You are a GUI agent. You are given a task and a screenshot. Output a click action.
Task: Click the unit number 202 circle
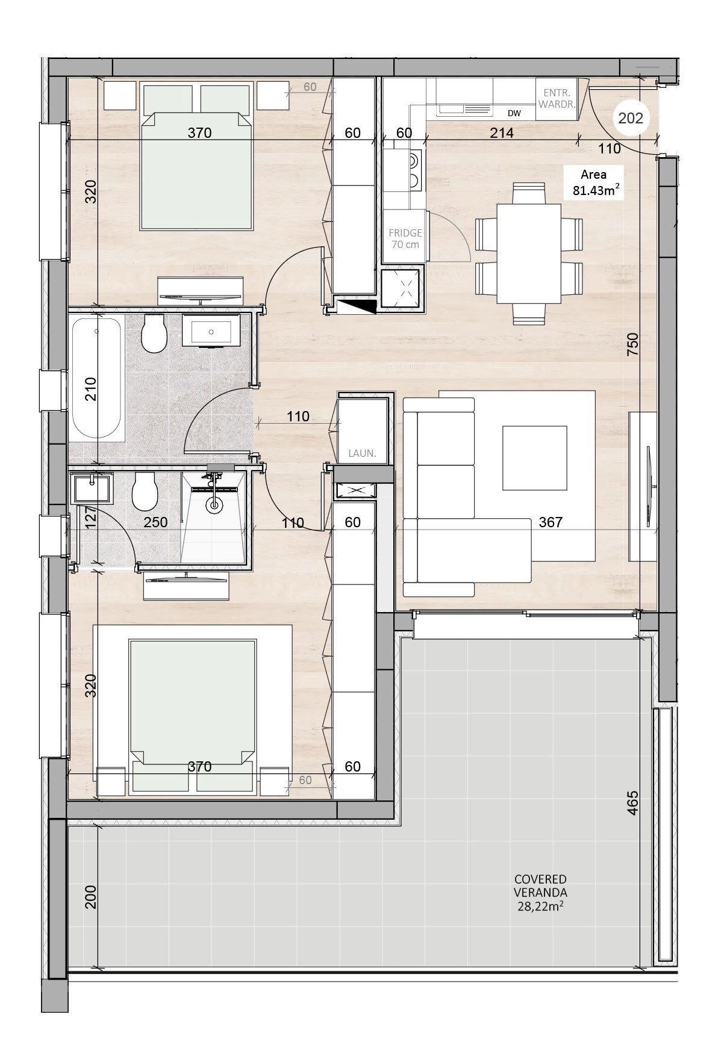[631, 118]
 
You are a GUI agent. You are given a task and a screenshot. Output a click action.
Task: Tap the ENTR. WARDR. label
[556, 98]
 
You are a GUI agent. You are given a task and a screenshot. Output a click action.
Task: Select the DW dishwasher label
[514, 113]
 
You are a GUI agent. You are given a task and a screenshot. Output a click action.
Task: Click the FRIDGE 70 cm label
[405, 238]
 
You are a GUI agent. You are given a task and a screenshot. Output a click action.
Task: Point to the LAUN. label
[362, 453]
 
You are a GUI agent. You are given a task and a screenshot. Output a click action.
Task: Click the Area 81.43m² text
[593, 183]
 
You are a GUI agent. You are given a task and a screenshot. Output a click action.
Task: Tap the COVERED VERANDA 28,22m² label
[540, 893]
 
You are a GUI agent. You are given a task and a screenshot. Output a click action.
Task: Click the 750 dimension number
[632, 345]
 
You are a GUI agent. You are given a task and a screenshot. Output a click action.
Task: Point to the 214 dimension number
[501, 132]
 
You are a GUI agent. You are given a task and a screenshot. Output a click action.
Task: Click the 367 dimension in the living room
[551, 522]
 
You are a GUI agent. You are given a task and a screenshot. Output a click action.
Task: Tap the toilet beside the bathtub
[154, 333]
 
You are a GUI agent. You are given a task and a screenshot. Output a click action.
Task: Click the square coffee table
[535, 458]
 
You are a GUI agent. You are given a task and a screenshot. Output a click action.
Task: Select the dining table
[529, 253]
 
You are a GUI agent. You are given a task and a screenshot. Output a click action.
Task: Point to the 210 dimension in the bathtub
[90, 389]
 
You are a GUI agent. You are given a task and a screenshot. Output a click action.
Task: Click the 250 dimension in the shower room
[155, 522]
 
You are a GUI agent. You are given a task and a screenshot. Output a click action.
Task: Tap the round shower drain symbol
[214, 506]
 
